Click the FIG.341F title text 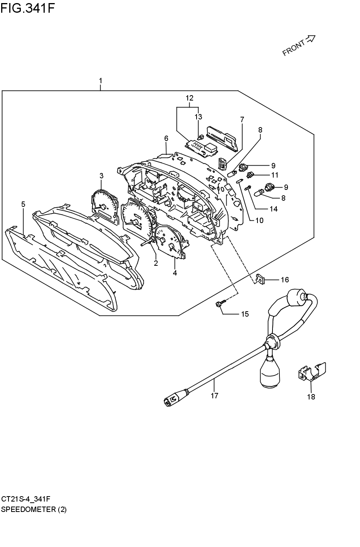[27, 8]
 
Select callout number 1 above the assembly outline [101, 81]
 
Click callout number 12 [189, 98]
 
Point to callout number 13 [199, 117]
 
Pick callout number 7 [242, 119]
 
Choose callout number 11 [275, 175]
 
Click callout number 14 [274, 209]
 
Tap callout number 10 [259, 220]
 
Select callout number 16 [285, 280]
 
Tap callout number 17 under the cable [214, 396]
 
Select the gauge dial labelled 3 [104, 206]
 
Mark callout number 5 [23, 204]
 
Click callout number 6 [166, 138]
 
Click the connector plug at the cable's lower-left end [170, 400]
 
